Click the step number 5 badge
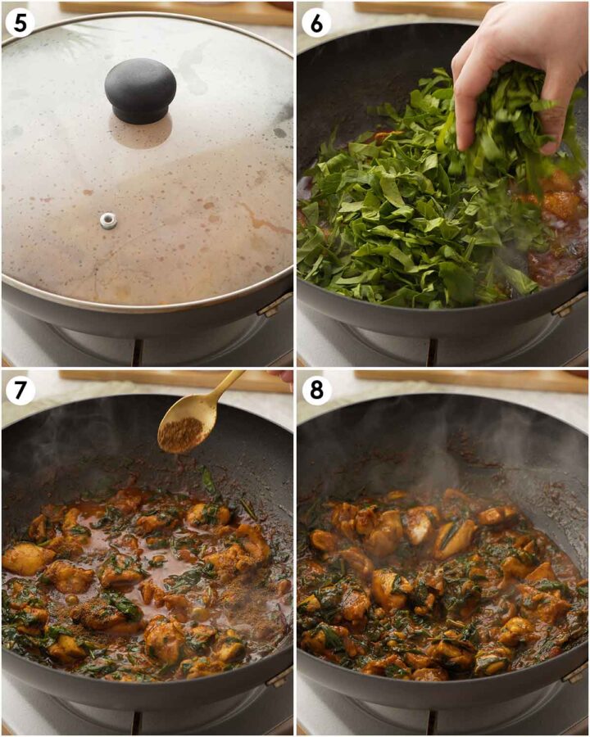click(20, 22)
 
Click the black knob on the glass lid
click(140, 90)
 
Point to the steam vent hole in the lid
click(108, 219)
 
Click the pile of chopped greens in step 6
click(410, 213)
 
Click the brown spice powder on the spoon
click(180, 434)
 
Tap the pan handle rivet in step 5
click(274, 306)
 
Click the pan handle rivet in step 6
click(569, 305)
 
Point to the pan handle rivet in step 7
click(279, 676)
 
